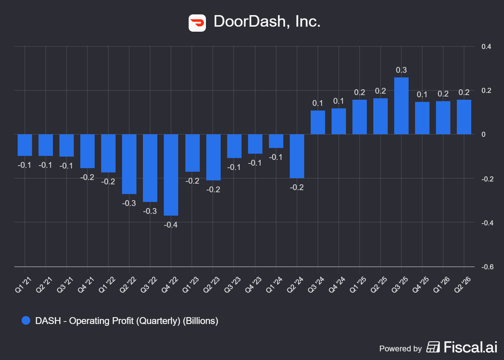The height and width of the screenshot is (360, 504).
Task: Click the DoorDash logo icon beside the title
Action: [x=197, y=23]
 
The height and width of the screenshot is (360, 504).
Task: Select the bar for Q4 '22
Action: [x=171, y=175]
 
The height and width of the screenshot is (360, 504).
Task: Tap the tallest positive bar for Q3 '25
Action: [x=401, y=106]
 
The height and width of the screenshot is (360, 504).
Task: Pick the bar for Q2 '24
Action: [x=297, y=156]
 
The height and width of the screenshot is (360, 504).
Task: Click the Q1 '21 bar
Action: [x=25, y=145]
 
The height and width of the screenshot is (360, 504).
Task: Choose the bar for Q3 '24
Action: [x=318, y=122]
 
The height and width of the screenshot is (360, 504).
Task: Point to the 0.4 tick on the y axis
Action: [x=486, y=46]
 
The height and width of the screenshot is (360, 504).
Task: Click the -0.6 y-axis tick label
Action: [x=487, y=267]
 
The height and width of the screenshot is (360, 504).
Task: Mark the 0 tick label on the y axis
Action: [x=483, y=134]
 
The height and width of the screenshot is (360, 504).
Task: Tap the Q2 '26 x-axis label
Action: [x=463, y=285]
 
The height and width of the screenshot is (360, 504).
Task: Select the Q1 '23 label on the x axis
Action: [x=190, y=285]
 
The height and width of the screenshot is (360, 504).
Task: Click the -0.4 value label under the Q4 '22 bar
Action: [x=171, y=225]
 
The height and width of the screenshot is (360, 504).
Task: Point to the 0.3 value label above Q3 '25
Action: [x=401, y=70]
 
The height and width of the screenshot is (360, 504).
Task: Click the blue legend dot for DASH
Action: [x=26, y=320]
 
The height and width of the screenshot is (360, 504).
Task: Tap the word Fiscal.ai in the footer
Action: [x=471, y=347]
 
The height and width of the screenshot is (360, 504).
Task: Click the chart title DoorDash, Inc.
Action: [x=267, y=21]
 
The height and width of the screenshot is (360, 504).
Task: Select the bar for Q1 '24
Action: [x=276, y=141]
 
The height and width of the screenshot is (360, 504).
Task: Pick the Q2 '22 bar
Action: [x=129, y=164]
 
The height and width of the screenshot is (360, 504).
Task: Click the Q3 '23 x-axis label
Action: [x=233, y=285]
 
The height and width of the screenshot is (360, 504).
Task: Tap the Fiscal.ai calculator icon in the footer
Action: [x=433, y=347]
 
